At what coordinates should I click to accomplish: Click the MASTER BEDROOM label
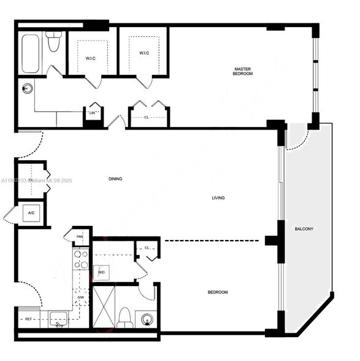click(242, 71)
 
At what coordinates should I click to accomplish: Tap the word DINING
click(115, 179)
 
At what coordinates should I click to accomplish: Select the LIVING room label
click(218, 198)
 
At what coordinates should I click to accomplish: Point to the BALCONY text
click(304, 229)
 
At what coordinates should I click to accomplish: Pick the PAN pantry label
click(80, 236)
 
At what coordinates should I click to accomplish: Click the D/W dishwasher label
click(80, 298)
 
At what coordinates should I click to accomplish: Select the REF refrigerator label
click(28, 319)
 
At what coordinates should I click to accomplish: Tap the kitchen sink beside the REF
click(59, 319)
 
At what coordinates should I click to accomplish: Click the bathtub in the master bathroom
click(30, 54)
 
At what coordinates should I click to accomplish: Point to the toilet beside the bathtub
click(53, 42)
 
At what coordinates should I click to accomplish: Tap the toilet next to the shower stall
click(124, 316)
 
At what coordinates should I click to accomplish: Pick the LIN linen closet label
click(93, 113)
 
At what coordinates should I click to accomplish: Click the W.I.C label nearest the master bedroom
click(144, 53)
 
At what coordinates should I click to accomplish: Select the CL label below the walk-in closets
click(146, 117)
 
